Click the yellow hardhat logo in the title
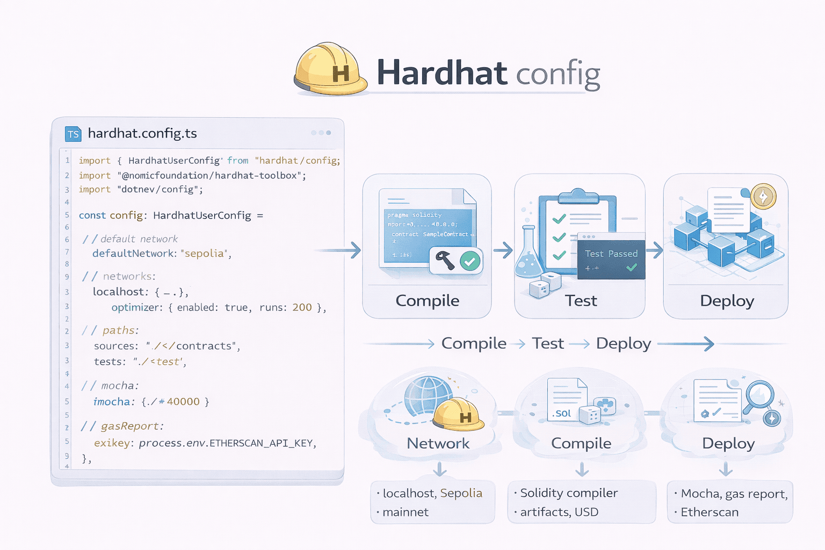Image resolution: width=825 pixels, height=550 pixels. point(330,69)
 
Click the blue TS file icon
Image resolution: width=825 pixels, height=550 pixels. point(73,134)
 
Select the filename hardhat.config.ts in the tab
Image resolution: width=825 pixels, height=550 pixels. point(142,133)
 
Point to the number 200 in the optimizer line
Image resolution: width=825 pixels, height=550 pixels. point(302,307)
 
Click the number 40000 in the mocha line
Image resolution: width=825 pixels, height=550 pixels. point(183,401)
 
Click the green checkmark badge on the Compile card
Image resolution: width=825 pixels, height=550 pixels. point(470,262)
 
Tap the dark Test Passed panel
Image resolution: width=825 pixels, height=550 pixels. point(611,256)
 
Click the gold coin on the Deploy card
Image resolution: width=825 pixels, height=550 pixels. point(763,196)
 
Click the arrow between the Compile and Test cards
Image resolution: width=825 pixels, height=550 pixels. point(503,250)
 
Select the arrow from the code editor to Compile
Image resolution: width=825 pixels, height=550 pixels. point(338,250)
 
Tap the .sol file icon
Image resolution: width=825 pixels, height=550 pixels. point(565,400)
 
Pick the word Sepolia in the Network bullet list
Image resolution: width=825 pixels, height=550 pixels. point(461,493)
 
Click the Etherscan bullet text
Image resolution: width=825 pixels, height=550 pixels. point(710,512)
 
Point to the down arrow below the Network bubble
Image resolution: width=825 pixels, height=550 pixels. point(440,469)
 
